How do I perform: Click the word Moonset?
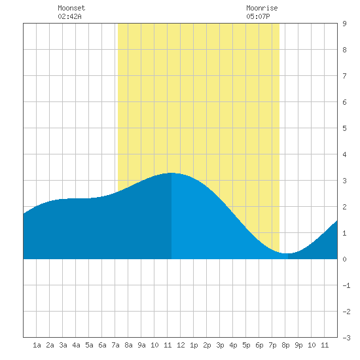point(71,8)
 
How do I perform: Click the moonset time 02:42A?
point(69,16)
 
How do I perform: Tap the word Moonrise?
point(262,8)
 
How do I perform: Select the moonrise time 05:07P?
point(258,16)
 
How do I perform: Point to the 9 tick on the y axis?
point(344,24)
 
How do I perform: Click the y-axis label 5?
point(344,128)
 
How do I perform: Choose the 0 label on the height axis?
point(344,259)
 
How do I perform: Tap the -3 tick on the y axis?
point(346,338)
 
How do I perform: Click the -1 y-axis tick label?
point(346,285)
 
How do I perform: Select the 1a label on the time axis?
point(37,345)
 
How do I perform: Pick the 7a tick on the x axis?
point(115,345)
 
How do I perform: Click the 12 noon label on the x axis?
point(181,345)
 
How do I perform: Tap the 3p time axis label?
point(220,345)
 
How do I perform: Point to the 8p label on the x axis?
point(285,345)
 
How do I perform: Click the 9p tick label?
point(298,345)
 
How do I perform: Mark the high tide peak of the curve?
point(171,173)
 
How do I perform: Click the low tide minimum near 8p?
point(288,253)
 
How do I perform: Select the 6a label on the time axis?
point(102,345)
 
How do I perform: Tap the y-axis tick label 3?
point(344,181)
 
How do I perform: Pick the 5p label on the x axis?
point(246,345)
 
